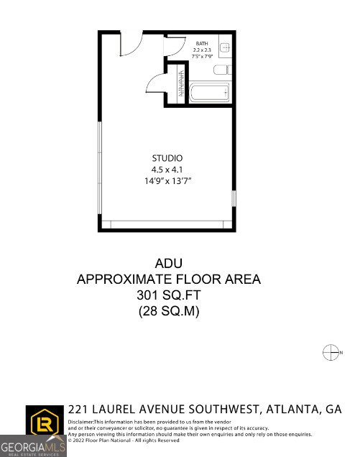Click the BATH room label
(x=202, y=43)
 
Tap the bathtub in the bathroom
(x=210, y=93)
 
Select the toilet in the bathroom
(x=222, y=70)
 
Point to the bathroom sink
(x=224, y=48)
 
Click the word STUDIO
(x=167, y=158)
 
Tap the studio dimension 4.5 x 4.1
(x=167, y=170)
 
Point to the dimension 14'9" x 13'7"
(x=167, y=181)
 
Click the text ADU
(x=168, y=263)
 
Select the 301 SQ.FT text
(x=168, y=295)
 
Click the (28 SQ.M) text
(x=168, y=311)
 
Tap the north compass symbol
(x=331, y=352)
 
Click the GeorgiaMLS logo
(x=33, y=445)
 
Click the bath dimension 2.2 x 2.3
(x=201, y=50)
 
